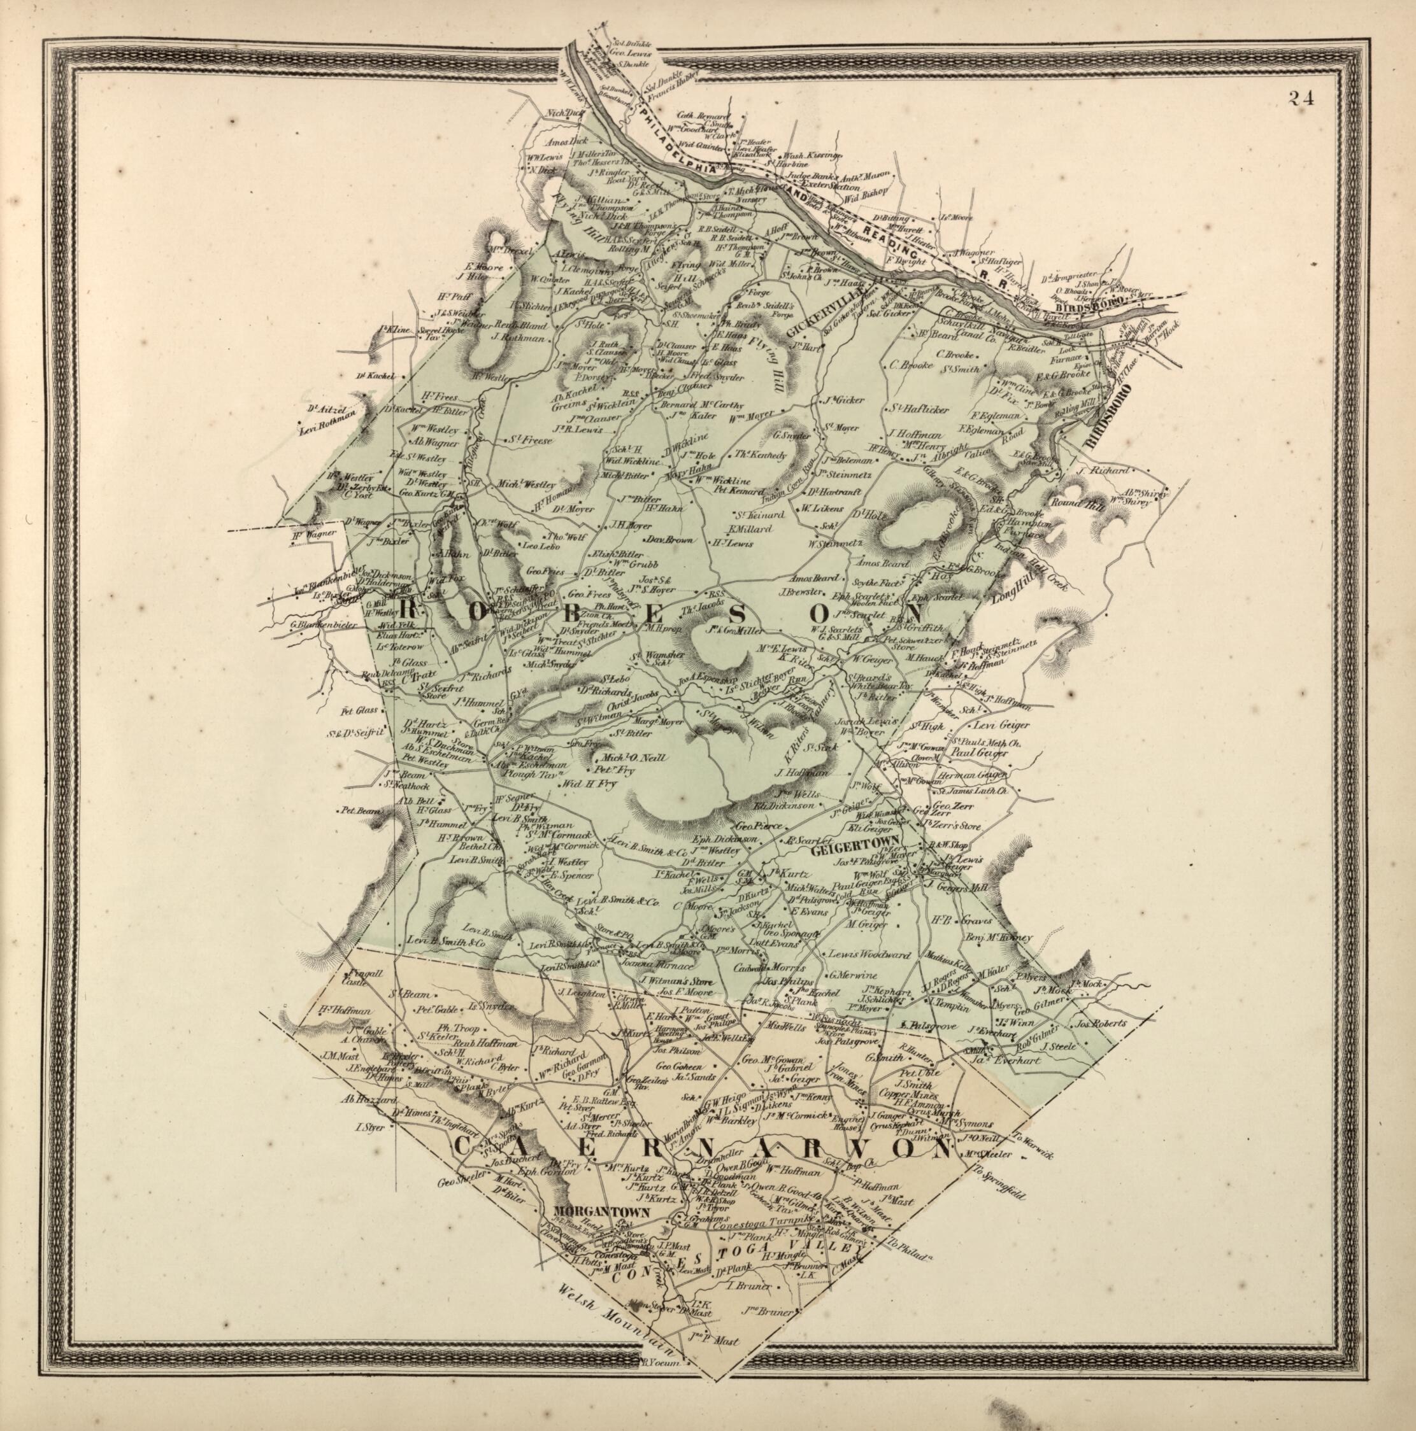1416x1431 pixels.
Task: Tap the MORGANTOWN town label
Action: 601,1213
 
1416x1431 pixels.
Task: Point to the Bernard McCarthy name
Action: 699,404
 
